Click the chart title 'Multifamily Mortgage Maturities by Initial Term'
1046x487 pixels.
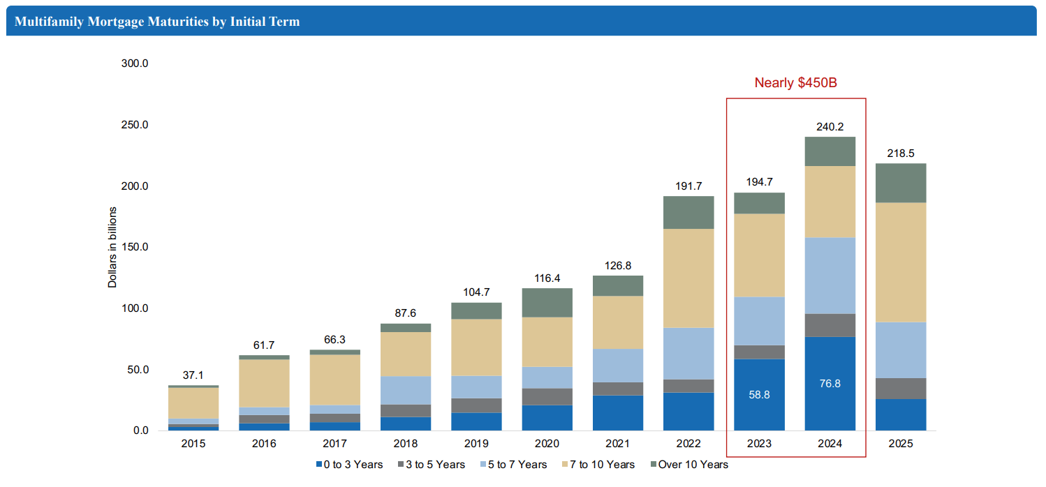157,22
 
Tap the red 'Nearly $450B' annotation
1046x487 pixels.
795,83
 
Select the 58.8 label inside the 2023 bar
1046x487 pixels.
759,394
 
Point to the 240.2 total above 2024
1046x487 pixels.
830,127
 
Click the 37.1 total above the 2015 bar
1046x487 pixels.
193,375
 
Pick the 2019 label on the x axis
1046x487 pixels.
476,444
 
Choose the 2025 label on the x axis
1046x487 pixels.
900,444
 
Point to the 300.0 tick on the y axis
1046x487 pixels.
134,63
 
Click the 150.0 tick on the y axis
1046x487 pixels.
134,247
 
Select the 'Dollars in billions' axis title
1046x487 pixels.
112,247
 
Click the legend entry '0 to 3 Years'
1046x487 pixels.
349,465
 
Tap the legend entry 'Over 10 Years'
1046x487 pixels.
688,465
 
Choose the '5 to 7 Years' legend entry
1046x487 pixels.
513,465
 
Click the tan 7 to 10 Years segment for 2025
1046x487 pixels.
900,262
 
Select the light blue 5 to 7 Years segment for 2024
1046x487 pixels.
830,276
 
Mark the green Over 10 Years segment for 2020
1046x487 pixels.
547,303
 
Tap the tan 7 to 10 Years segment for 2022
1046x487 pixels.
688,278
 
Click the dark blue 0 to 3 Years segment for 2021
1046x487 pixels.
617,412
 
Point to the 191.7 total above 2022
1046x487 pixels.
688,186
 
